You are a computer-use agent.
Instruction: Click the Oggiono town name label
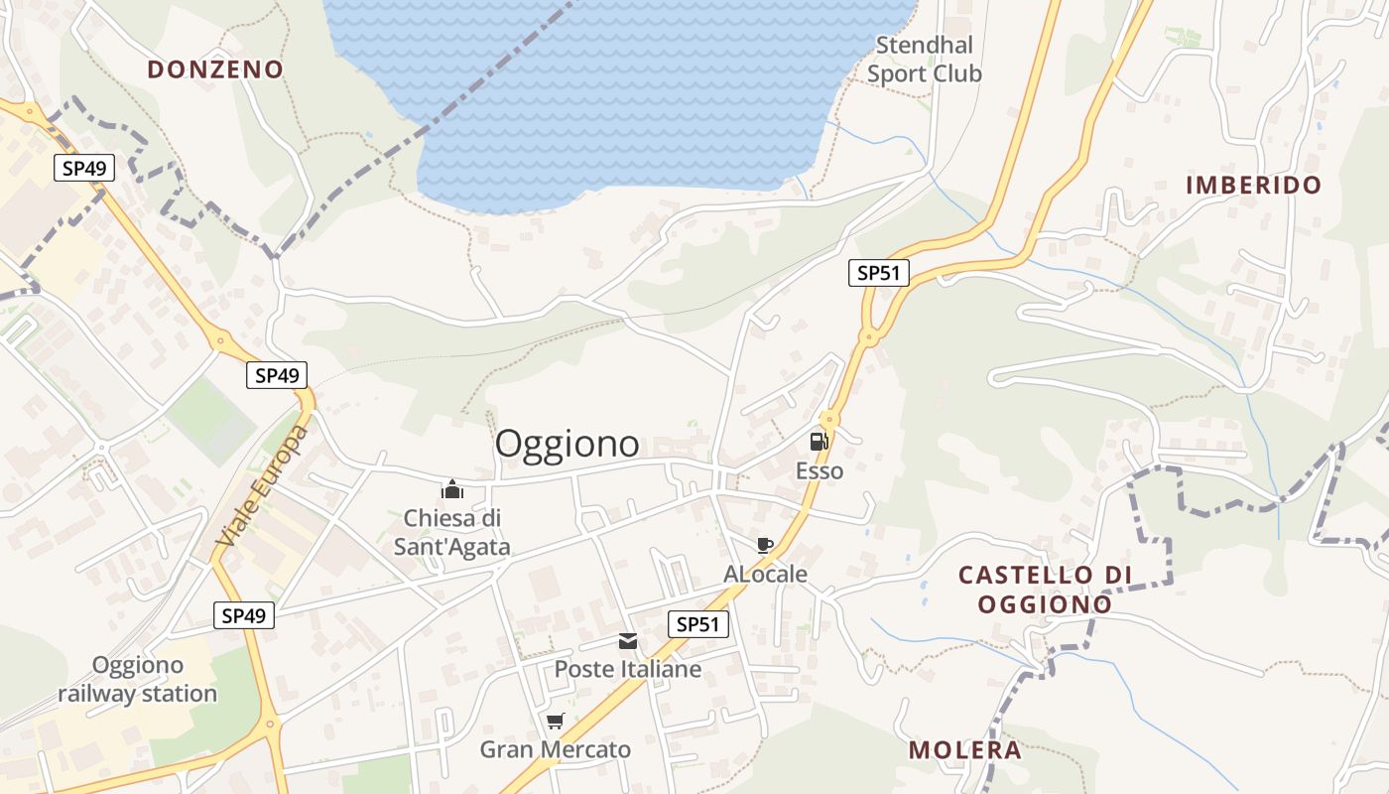pyautogui.click(x=567, y=444)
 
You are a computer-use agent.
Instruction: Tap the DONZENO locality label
pyautogui.click(x=215, y=69)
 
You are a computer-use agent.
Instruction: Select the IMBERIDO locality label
pyautogui.click(x=1254, y=185)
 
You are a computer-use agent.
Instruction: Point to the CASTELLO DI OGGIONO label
pyautogui.click(x=1045, y=590)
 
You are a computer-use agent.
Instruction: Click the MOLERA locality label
pyautogui.click(x=965, y=750)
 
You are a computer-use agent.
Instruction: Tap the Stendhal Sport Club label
pyautogui.click(x=925, y=60)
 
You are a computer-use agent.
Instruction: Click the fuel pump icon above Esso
pyautogui.click(x=819, y=442)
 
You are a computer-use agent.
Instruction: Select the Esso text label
pyautogui.click(x=820, y=471)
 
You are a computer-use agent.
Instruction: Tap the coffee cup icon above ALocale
pyautogui.click(x=764, y=545)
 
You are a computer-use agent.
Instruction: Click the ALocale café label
pyautogui.click(x=765, y=575)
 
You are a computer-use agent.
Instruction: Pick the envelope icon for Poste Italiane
pyautogui.click(x=628, y=641)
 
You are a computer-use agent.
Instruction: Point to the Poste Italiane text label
pyautogui.click(x=627, y=670)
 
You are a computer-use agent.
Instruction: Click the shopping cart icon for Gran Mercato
pyautogui.click(x=555, y=722)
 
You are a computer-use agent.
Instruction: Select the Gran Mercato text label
pyautogui.click(x=556, y=750)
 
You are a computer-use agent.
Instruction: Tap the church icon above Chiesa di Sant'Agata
pyautogui.click(x=452, y=488)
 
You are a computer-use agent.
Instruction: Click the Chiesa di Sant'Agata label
pyautogui.click(x=452, y=532)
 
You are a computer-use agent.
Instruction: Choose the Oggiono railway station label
pyautogui.click(x=137, y=679)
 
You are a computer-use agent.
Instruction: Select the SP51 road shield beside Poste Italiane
pyautogui.click(x=698, y=624)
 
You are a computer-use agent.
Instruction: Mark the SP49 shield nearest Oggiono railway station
pyautogui.click(x=244, y=615)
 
